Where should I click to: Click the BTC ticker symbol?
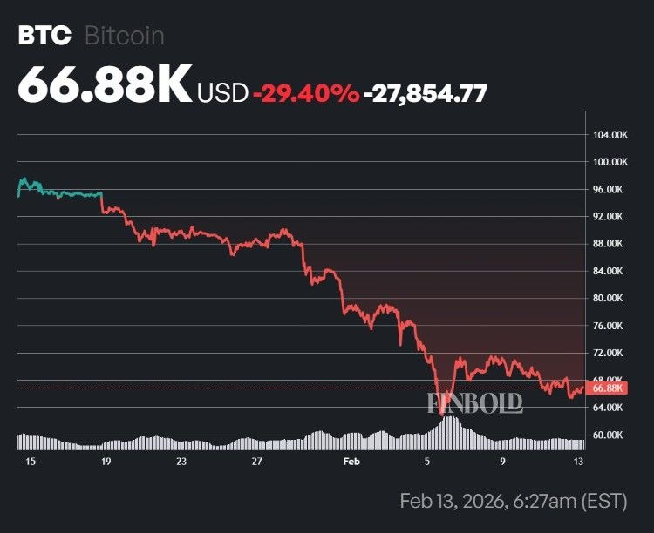coord(44,36)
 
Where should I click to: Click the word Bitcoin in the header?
coord(125,36)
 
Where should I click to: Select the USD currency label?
coord(223,92)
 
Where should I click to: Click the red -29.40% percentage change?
coord(305,92)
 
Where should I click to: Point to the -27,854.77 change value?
coord(426,92)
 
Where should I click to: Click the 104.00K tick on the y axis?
coord(610,135)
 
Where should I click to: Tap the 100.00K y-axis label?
coord(610,162)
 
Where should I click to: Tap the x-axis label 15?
coord(31,462)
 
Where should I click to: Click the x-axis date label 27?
coord(256,462)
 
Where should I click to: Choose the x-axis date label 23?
coord(181,462)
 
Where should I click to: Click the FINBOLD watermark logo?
coord(475,402)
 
